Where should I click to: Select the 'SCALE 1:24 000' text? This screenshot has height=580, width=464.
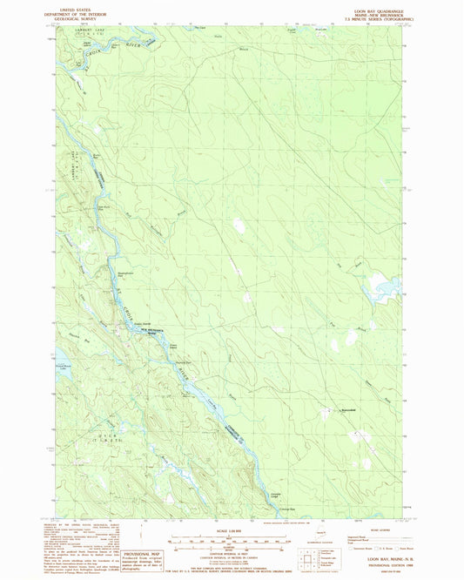[x=232, y=529]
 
